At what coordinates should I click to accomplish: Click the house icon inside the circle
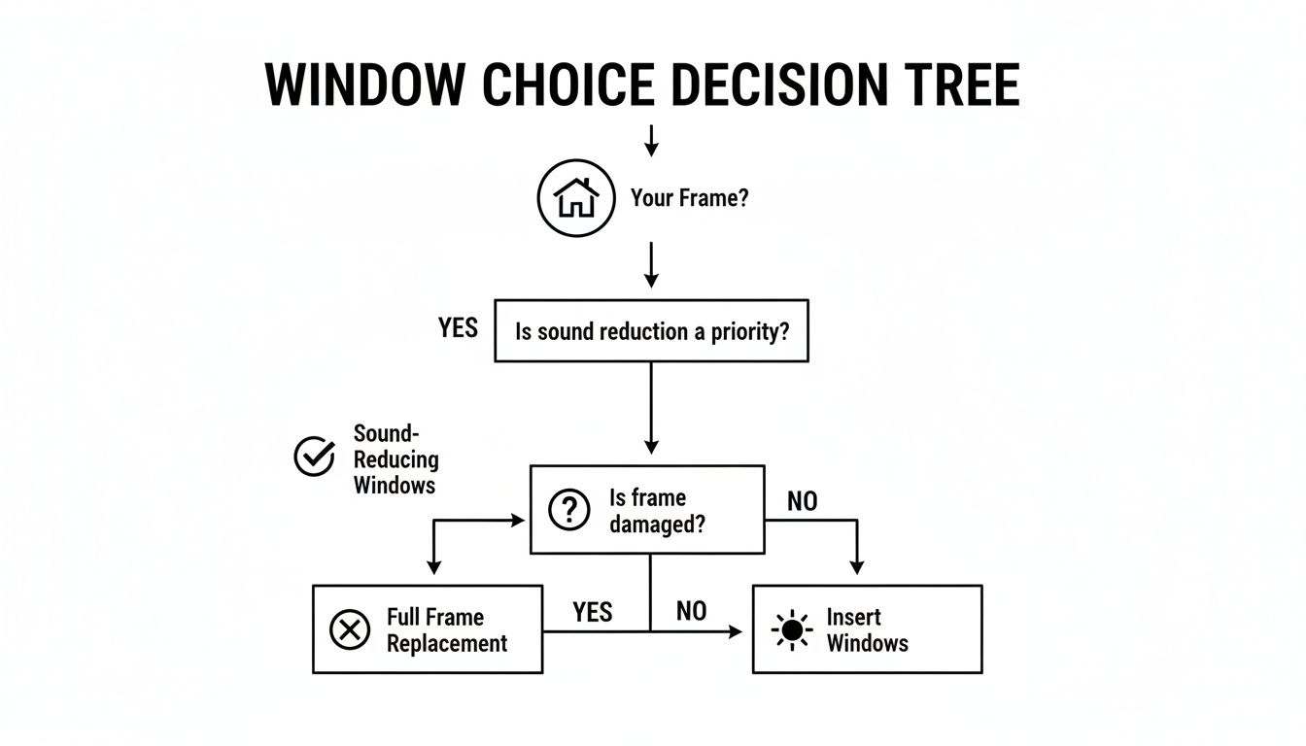click(576, 199)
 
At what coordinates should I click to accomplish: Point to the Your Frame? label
click(689, 199)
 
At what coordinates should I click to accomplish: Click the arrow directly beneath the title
click(651, 142)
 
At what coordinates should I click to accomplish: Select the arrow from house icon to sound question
click(651, 263)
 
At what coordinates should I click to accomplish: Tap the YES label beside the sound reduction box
click(458, 328)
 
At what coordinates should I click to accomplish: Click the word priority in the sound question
click(751, 331)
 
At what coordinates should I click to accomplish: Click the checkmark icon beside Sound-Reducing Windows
click(314, 456)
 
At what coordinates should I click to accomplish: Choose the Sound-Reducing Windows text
click(395, 459)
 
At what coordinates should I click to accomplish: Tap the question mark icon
click(569, 510)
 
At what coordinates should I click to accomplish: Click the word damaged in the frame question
click(657, 524)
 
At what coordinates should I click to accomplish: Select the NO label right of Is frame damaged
click(802, 501)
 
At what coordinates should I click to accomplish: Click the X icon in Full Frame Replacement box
click(349, 629)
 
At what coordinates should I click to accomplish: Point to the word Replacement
click(447, 643)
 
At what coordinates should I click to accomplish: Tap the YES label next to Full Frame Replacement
click(593, 611)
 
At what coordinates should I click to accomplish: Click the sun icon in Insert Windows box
click(792, 629)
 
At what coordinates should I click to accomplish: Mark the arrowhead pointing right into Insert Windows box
click(736, 631)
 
